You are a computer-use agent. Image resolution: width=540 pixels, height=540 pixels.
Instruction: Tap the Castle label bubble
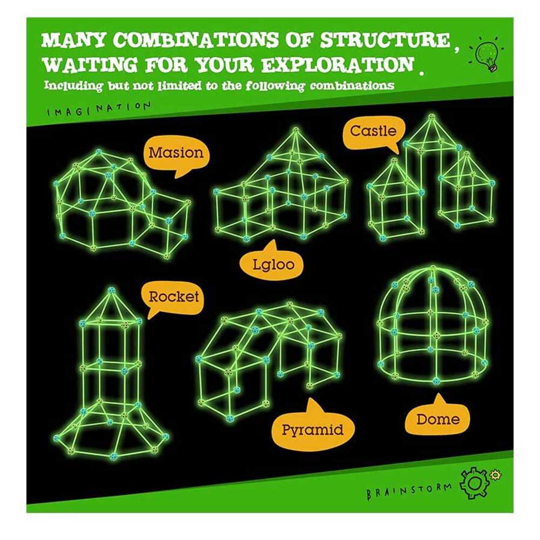[374, 133]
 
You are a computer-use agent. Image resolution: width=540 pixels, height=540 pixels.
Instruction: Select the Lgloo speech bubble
[273, 262]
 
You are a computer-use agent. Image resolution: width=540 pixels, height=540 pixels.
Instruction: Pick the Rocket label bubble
[173, 298]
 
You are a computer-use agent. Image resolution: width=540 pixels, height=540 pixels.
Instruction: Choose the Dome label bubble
[438, 417]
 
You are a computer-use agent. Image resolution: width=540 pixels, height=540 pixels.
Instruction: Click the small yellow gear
[495, 475]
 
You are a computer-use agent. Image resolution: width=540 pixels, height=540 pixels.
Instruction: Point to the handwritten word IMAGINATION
[98, 109]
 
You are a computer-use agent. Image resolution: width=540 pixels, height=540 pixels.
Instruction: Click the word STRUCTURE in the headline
[386, 40]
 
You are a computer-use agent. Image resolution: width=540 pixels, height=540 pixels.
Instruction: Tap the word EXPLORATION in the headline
[337, 64]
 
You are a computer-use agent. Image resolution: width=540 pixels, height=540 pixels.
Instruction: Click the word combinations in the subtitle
[352, 85]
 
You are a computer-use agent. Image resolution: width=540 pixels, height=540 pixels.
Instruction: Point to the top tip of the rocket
[111, 291]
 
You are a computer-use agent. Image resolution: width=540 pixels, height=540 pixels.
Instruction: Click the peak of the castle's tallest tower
[431, 117]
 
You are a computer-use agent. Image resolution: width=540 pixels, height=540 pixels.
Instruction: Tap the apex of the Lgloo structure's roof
[295, 130]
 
